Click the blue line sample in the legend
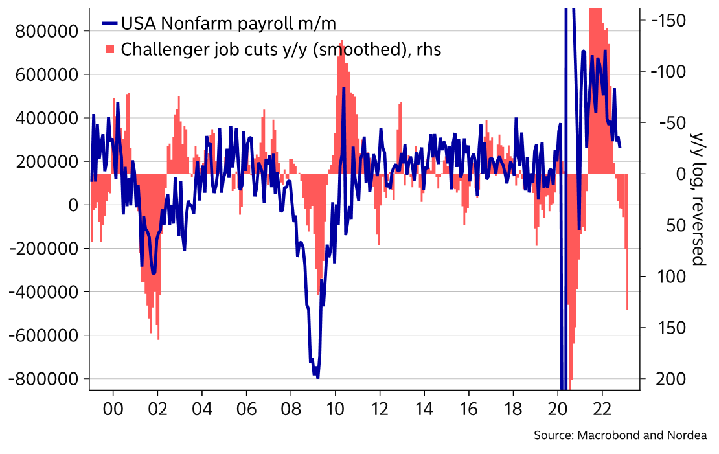(x=109, y=24)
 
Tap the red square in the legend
(x=109, y=49)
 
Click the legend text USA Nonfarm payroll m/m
(x=229, y=24)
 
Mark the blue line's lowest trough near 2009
(x=317, y=376)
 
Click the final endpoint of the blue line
(x=620, y=147)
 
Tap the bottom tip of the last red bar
(x=627, y=310)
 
